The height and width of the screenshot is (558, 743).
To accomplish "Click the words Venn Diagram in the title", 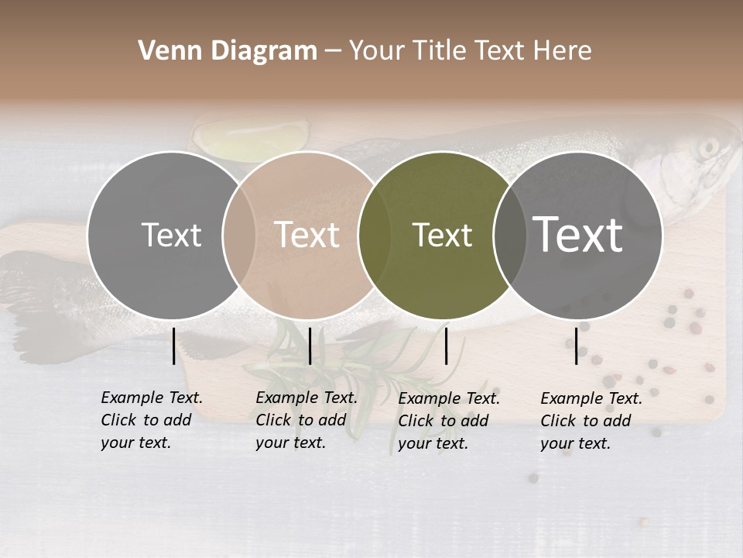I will pyautogui.click(x=228, y=51).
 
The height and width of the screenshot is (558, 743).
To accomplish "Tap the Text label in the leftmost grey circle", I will pyautogui.click(x=171, y=235).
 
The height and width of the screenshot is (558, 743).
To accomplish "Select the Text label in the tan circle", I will pyautogui.click(x=307, y=235).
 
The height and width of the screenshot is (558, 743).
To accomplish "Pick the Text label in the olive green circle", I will pyautogui.click(x=443, y=235).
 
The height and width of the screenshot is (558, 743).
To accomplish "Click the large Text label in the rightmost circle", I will pyautogui.click(x=578, y=234).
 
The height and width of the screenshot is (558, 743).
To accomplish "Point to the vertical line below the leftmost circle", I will pyautogui.click(x=173, y=346).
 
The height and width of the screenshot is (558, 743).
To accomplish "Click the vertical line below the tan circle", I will pyautogui.click(x=310, y=346).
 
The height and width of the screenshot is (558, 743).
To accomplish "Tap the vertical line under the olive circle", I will pyautogui.click(x=447, y=346).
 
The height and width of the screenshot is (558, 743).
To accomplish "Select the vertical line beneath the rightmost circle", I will pyautogui.click(x=577, y=346).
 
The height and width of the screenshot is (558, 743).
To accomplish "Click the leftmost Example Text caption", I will pyautogui.click(x=152, y=420).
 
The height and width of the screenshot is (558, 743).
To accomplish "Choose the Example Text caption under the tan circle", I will pyautogui.click(x=306, y=420).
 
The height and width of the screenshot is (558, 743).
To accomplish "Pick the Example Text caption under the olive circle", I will pyautogui.click(x=449, y=421).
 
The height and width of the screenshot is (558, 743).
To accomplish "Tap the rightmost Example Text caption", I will pyautogui.click(x=591, y=421).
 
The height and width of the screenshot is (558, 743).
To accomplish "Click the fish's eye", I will pyautogui.click(x=707, y=147).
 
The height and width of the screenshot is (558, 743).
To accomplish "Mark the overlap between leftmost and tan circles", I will pyautogui.click(x=238, y=236).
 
